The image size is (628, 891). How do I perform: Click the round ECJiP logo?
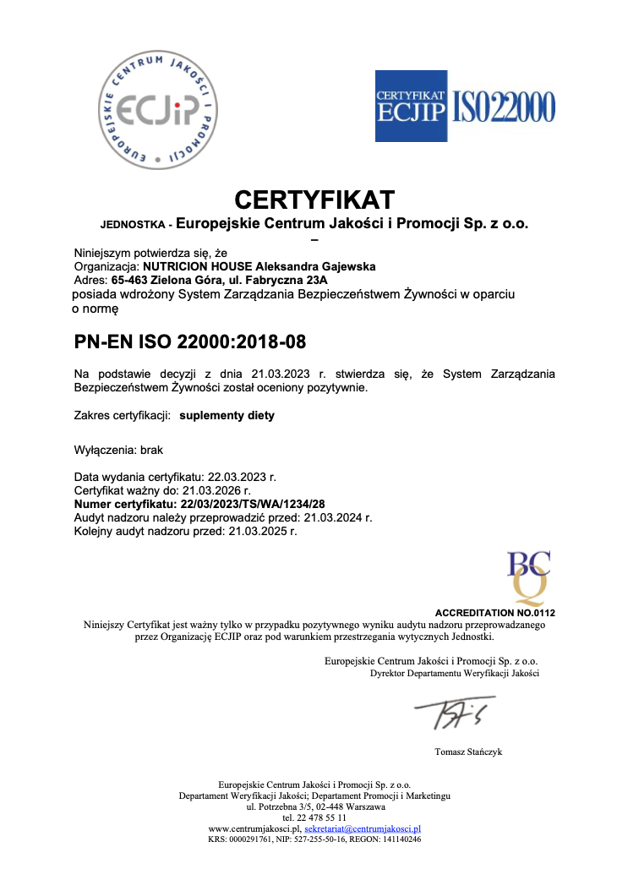(x=159, y=108)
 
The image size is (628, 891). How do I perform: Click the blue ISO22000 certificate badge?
(x=465, y=106)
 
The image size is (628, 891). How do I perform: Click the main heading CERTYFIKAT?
(x=314, y=200)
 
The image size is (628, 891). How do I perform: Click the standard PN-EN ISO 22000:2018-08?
(x=190, y=342)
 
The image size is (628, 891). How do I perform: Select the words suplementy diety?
(x=227, y=416)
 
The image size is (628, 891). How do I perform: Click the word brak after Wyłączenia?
(x=152, y=451)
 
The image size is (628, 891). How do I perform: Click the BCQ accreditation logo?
(x=527, y=576)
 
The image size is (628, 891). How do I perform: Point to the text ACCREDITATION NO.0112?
(x=494, y=612)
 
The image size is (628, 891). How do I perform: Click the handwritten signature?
(x=453, y=713)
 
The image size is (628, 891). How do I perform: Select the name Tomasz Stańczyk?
(x=468, y=752)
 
